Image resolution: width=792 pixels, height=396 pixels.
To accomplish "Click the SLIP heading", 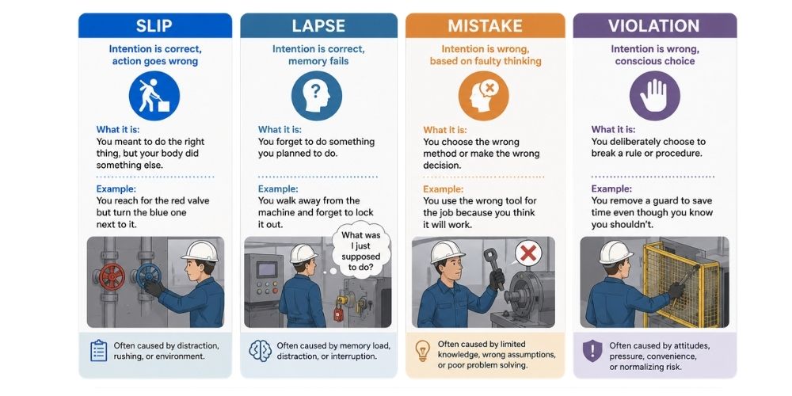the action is click(154, 26).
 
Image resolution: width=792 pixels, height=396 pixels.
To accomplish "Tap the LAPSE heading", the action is click(318, 26).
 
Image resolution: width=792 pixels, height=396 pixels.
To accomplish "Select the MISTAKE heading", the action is click(485, 26).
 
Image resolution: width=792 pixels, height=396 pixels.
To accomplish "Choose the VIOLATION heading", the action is click(654, 26).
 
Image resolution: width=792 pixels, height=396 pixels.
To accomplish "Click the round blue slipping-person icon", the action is click(154, 96).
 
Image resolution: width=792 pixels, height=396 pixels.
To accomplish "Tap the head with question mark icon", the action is click(317, 96).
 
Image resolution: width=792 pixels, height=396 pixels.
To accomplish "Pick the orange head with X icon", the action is click(484, 96).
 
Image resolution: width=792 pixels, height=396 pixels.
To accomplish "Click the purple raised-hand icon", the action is click(655, 96).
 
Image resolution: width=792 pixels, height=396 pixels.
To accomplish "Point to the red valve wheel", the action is click(112, 276).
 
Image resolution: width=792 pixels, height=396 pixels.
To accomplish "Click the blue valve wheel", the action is click(149, 276).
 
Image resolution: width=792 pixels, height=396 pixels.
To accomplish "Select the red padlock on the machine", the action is click(338, 311).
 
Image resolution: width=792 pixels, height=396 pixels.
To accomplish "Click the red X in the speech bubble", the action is click(528, 253).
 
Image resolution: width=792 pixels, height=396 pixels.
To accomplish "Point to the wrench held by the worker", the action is click(493, 267).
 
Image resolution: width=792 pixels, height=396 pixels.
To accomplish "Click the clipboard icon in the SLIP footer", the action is click(98, 351).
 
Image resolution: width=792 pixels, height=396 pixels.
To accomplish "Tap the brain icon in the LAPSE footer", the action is click(260, 351).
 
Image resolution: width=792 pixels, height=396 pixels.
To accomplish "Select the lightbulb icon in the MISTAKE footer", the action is click(422, 350).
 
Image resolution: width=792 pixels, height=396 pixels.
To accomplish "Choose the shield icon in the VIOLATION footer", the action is click(592, 351).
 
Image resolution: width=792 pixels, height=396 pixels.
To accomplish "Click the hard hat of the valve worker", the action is click(200, 251).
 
